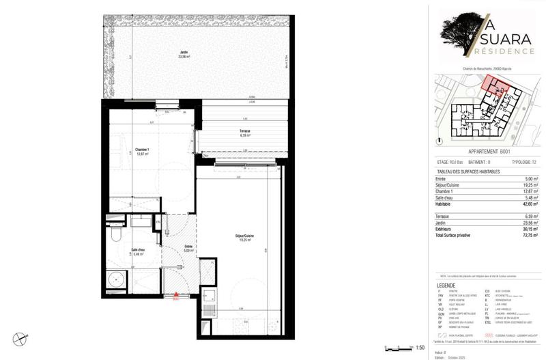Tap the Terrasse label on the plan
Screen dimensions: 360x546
tap(244, 133)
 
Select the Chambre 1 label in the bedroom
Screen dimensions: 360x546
tap(142, 152)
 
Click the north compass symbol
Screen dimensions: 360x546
tap(24, 336)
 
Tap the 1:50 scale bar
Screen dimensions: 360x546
tap(397, 347)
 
